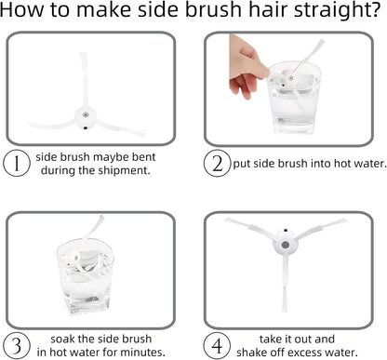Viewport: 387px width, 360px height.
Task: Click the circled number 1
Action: click(x=17, y=164)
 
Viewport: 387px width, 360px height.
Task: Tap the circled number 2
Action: click(x=218, y=164)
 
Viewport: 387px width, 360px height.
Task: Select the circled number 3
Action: click(x=17, y=346)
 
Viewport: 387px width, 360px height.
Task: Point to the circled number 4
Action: click(x=217, y=346)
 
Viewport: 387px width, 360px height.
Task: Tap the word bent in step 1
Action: click(x=144, y=157)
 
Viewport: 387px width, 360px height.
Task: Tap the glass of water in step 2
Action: click(x=293, y=98)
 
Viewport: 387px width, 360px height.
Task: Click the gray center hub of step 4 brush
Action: click(x=286, y=245)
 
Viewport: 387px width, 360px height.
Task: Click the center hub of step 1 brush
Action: click(x=85, y=117)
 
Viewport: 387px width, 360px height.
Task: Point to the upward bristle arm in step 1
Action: click(x=84, y=80)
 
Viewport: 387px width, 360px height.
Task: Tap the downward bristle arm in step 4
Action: click(x=285, y=284)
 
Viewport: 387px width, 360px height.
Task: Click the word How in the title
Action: click(x=22, y=10)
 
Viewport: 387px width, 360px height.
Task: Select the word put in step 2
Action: click(x=242, y=164)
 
